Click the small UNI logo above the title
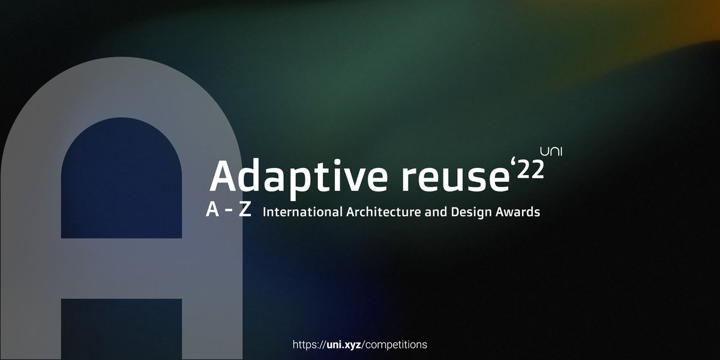(551, 151)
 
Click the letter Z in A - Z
(245, 211)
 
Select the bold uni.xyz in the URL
(343, 345)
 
